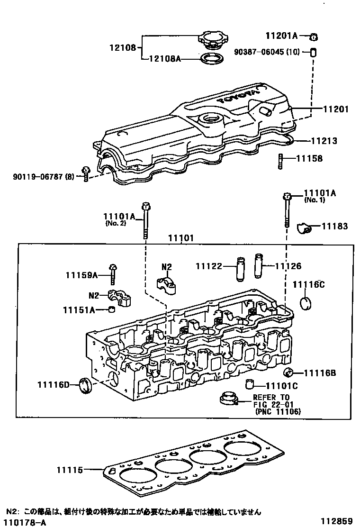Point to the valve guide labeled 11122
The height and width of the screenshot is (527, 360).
coord(240,269)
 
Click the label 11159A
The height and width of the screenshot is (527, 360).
coord(81,275)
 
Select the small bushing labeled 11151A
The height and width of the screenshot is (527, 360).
coord(112,309)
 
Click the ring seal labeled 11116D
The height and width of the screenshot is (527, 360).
coord(86,384)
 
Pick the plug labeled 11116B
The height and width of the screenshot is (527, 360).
coord(288,372)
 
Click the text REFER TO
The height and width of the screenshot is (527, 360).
coord(271,397)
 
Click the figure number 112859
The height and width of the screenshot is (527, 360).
coord(336,521)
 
